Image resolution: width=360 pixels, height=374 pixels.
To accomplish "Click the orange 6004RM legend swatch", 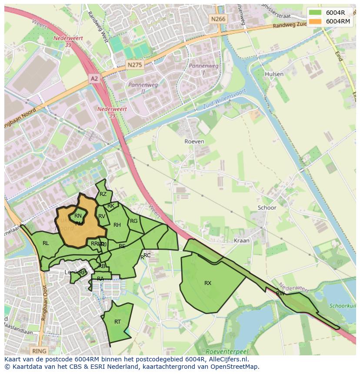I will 316,21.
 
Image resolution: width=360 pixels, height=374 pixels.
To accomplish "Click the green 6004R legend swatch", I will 316,13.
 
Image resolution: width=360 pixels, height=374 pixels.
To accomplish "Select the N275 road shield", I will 135,64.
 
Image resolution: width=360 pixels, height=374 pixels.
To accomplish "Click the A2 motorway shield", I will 94,78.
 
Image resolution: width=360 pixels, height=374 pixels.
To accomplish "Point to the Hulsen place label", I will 274,74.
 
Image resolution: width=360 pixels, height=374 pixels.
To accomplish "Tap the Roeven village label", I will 194,141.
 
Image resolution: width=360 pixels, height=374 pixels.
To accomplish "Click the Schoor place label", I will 267,208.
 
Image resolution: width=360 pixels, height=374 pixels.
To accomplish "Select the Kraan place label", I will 241,240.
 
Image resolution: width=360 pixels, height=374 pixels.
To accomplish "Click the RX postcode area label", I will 208,283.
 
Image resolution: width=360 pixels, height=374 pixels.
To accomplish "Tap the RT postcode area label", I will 117,322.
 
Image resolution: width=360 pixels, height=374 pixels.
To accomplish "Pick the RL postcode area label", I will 46,243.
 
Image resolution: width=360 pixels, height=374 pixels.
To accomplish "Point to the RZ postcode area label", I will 103,194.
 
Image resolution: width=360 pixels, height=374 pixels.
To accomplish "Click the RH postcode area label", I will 117,225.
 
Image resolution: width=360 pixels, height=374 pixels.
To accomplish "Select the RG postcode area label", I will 133,221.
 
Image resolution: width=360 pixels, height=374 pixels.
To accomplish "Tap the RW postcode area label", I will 280,294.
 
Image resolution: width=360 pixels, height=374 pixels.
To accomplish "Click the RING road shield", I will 39,350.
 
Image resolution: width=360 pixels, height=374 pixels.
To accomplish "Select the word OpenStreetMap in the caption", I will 234,367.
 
